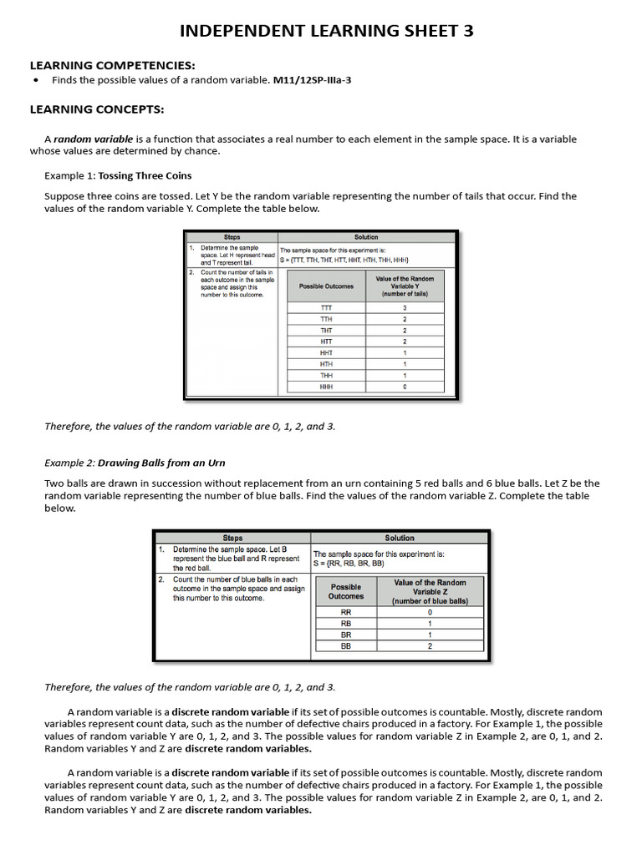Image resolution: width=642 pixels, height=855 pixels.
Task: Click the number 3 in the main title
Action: click(467, 32)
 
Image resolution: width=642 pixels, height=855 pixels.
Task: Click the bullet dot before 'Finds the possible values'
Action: click(35, 80)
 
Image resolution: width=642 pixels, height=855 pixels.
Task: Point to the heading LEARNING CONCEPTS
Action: click(97, 109)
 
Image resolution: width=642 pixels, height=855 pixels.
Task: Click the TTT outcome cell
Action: click(326, 308)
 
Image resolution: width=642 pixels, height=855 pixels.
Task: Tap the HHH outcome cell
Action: click(326, 387)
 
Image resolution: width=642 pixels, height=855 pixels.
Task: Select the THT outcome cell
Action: click(326, 331)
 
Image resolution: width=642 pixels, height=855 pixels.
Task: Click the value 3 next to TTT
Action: click(405, 308)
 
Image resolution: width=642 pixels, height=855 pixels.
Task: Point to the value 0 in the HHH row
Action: click(405, 387)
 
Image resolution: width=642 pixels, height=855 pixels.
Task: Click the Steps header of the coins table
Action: click(232, 237)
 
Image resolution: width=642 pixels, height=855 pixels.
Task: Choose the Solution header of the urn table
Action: click(399, 539)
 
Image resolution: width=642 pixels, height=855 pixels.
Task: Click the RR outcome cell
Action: click(346, 612)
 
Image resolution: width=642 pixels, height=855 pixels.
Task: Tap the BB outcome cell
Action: click(346, 645)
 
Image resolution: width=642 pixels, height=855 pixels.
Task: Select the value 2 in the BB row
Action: click(430, 645)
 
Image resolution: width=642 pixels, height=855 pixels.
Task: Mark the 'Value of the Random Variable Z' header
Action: click(430, 591)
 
